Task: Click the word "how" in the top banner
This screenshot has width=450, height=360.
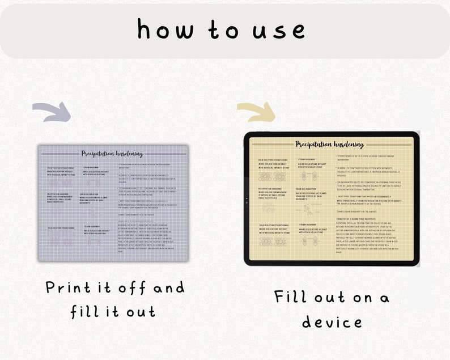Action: point(164,29)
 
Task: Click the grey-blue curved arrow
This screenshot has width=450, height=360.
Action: point(52,112)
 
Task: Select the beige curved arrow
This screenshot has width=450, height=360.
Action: point(256,112)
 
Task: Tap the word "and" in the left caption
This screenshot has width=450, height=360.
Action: point(169,287)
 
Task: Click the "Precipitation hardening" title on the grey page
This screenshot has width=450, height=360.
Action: point(112,153)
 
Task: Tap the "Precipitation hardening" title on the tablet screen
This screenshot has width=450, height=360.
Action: point(330,145)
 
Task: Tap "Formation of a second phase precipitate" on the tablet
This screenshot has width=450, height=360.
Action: point(360,218)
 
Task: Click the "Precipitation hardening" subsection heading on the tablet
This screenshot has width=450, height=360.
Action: point(271,188)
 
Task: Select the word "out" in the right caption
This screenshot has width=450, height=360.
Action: point(337,297)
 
